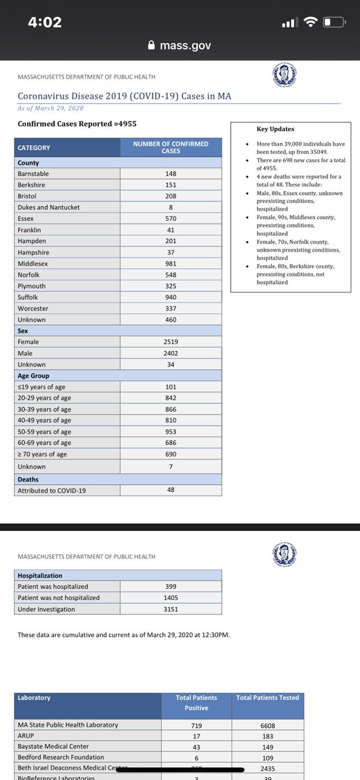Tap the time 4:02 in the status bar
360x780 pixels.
pyautogui.click(x=44, y=22)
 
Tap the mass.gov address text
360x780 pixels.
pyautogui.click(x=185, y=45)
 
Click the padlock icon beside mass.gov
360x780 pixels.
pyautogui.click(x=152, y=45)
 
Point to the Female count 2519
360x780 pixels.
pyautogui.click(x=170, y=342)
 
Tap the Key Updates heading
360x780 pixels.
pyautogui.click(x=276, y=129)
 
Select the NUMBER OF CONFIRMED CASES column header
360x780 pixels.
pyautogui.click(x=170, y=148)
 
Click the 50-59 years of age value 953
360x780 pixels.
pyautogui.click(x=170, y=432)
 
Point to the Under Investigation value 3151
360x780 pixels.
pyautogui.click(x=171, y=609)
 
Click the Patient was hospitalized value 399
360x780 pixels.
pyautogui.click(x=171, y=587)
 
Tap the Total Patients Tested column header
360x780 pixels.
pyautogui.click(x=268, y=697)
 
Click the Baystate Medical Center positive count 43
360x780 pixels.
pyautogui.click(x=196, y=746)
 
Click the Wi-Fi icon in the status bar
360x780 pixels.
pyautogui.click(x=311, y=23)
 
